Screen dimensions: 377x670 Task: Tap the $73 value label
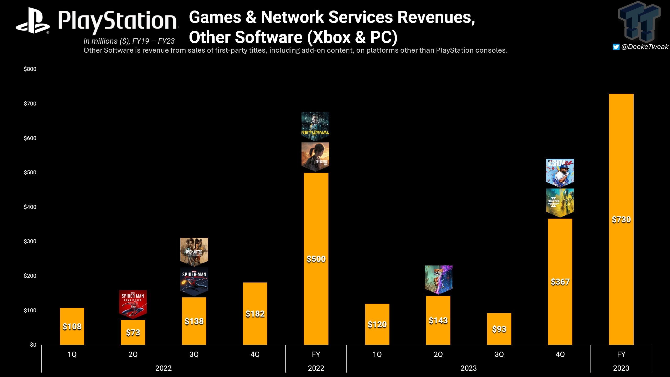[133, 332]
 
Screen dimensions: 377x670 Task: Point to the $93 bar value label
[499, 329]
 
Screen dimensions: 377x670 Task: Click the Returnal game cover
[315, 126]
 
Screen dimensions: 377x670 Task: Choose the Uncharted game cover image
[194, 251]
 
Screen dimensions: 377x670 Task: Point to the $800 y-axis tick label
[30, 69]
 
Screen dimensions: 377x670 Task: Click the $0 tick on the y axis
[33, 345]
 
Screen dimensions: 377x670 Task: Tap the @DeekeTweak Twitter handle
[645, 47]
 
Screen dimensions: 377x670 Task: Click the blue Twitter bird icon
[616, 47]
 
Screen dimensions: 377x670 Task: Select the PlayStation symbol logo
[33, 21]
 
